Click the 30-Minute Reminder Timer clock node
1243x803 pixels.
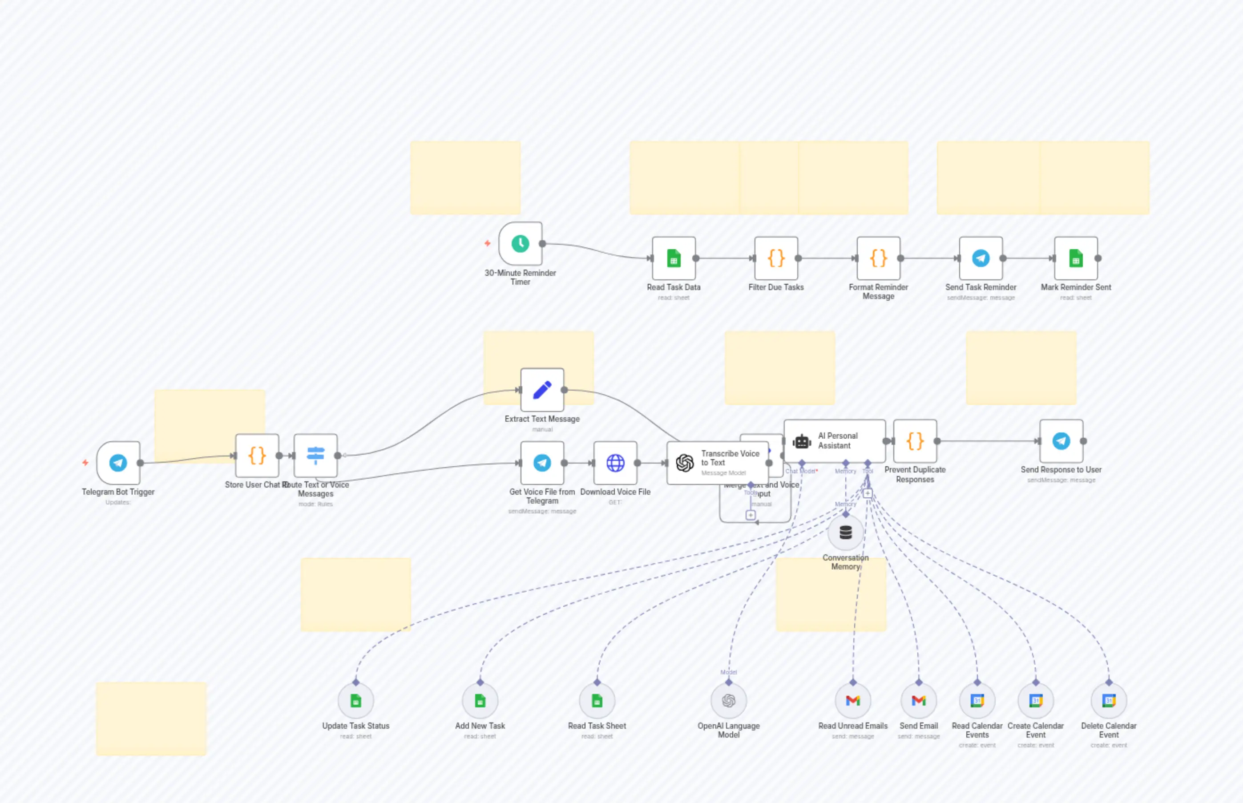pos(521,243)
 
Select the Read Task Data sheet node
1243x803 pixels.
pos(674,258)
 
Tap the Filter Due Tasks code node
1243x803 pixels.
pos(776,258)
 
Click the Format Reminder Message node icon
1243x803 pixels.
pos(879,258)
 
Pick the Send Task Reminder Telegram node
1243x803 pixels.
pos(981,258)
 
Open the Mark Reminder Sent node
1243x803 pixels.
pos(1076,258)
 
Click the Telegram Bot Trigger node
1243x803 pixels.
pos(118,463)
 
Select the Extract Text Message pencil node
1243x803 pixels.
pos(542,390)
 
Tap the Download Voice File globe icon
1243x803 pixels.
pos(615,463)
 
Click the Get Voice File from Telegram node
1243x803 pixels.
pos(542,463)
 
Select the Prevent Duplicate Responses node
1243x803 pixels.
pos(915,441)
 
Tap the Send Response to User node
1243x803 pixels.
pos(1061,441)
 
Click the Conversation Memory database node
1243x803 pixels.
pos(846,533)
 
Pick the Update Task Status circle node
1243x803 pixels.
pos(355,701)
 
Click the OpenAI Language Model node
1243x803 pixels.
pos(728,701)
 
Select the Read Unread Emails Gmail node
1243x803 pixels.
pos(853,701)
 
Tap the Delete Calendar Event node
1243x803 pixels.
pos(1109,701)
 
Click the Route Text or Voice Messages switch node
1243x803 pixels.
pos(315,455)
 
